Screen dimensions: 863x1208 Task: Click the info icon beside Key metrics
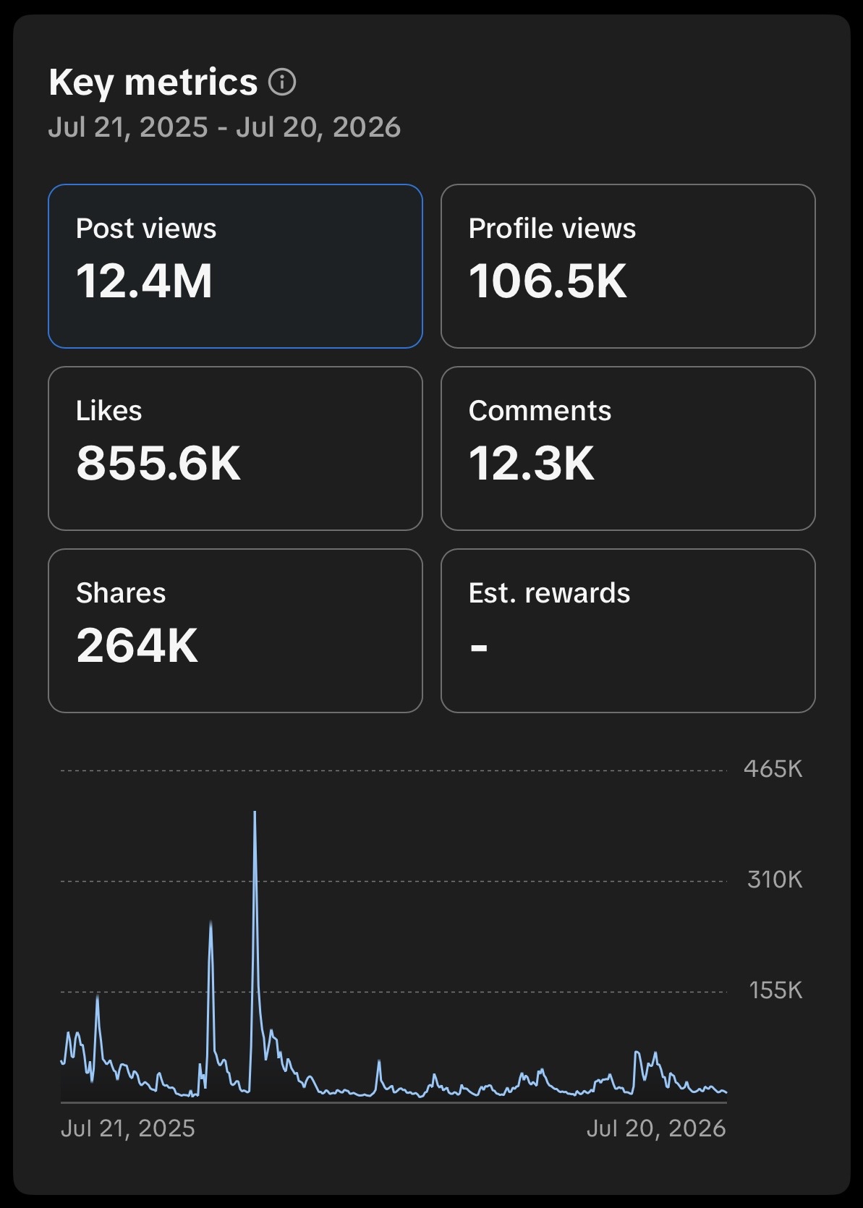(282, 82)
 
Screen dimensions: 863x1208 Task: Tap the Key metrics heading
(153, 82)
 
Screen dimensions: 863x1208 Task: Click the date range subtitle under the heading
(224, 127)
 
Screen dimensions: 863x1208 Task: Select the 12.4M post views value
(144, 281)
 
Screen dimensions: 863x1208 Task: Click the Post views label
(146, 228)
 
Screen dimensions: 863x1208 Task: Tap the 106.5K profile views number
(548, 281)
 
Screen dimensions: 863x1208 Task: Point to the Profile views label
(553, 228)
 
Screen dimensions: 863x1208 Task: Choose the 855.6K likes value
(158, 463)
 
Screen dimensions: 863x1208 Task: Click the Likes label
(109, 410)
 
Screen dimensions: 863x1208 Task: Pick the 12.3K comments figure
(531, 463)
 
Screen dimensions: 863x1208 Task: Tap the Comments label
(540, 410)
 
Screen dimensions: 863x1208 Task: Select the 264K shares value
(137, 645)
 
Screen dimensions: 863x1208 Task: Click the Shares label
(121, 592)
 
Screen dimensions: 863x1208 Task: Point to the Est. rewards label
(549, 592)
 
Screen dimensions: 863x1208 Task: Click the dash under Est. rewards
(479, 647)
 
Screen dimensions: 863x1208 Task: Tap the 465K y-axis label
(773, 769)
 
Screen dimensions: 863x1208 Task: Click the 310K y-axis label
(775, 880)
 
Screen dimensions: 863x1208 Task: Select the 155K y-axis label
(775, 990)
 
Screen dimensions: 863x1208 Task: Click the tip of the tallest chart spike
(255, 812)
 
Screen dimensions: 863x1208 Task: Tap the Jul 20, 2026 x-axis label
(656, 1128)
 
